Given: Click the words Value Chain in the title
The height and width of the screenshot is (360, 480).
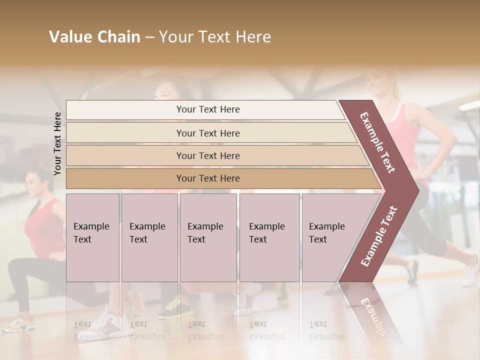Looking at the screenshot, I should pyautogui.click(x=94, y=37).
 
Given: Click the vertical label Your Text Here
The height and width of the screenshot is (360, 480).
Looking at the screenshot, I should pyautogui.click(x=57, y=143).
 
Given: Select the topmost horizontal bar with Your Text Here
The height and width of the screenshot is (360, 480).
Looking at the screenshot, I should pyautogui.click(x=207, y=109).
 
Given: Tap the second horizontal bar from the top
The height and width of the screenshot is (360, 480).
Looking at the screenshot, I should pyautogui.click(x=207, y=133).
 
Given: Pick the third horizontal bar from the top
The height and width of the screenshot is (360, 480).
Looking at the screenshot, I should pyautogui.click(x=207, y=155).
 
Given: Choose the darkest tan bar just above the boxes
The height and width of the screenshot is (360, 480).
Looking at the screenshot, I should pyautogui.click(x=207, y=178).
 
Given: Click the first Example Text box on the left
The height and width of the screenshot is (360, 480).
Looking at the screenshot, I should pyautogui.click(x=92, y=237).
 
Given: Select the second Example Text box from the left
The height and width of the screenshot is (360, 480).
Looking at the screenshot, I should pyautogui.click(x=149, y=237).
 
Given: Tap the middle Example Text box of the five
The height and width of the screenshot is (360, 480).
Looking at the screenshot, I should pyautogui.click(x=207, y=237).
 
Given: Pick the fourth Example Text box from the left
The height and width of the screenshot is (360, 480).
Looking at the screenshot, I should pyautogui.click(x=269, y=237).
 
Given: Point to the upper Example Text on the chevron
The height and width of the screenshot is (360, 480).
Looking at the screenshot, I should pyautogui.click(x=378, y=142).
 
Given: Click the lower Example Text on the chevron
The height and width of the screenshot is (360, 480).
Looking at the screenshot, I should pyautogui.click(x=379, y=236).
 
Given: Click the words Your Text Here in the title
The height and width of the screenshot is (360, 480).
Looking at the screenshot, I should pyautogui.click(x=215, y=37).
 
